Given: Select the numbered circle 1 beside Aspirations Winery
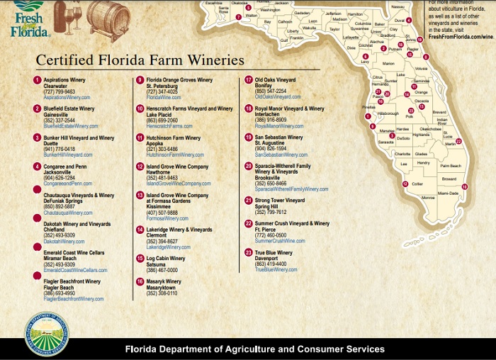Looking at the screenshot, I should tap(37, 81).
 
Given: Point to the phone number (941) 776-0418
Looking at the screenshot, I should tap(60, 149).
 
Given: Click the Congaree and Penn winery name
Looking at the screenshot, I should tap(66, 166).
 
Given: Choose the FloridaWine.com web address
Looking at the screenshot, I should tap(164, 97).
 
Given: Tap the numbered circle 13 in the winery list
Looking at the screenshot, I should tap(140, 195).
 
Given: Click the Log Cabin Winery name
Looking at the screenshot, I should tap(166, 259).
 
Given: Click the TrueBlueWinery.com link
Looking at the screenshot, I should tap(276, 269).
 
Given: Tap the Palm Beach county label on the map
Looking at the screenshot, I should tap(450, 165).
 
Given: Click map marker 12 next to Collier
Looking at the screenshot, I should tap(405, 184).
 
